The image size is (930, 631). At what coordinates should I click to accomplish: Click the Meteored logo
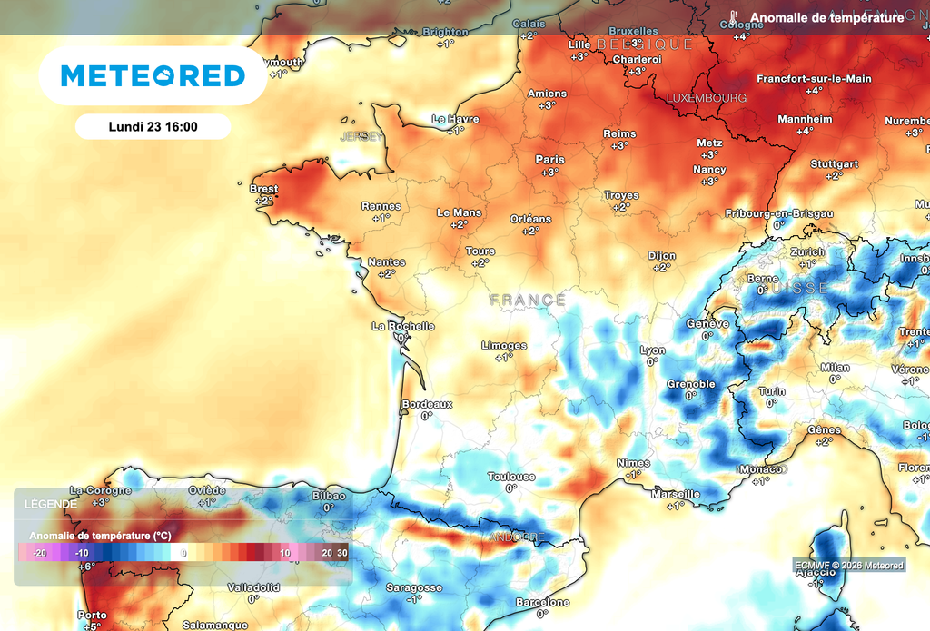click(153, 76)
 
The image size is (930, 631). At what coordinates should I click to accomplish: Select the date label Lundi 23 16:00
click(153, 127)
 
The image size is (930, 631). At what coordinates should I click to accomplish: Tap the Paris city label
click(549, 160)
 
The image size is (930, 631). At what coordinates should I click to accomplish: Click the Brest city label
click(263, 189)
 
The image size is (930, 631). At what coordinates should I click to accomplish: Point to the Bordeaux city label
click(427, 404)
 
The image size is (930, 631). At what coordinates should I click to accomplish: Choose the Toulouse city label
click(511, 477)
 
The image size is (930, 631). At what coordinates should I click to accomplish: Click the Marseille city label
click(676, 494)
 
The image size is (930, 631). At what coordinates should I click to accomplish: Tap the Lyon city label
click(652, 350)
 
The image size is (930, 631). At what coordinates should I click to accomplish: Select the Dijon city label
click(662, 256)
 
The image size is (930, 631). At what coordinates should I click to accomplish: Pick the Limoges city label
click(504, 346)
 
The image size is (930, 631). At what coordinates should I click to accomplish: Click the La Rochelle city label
click(403, 326)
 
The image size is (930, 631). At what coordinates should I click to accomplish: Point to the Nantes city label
click(387, 262)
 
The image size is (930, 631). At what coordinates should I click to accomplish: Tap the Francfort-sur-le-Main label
click(814, 79)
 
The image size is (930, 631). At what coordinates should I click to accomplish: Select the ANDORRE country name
click(516, 537)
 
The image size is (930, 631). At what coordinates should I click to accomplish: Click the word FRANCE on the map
click(528, 300)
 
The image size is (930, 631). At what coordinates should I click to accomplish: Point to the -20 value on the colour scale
click(39, 552)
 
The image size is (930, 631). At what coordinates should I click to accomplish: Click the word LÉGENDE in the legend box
click(50, 503)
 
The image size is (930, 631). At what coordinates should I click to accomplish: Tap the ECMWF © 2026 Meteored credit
click(849, 566)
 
